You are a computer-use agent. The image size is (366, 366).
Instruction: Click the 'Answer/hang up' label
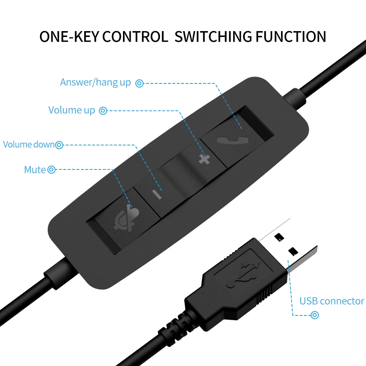coord(95,82)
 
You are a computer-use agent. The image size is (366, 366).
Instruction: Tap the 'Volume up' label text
coord(72,110)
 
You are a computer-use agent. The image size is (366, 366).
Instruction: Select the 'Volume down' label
coord(29,145)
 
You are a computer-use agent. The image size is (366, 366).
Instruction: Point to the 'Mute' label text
coord(35,170)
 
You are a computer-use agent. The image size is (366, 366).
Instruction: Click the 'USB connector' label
coord(332,301)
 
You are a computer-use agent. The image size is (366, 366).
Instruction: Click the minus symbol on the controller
coord(157,194)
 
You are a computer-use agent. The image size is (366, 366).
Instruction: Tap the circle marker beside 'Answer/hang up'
coord(139,83)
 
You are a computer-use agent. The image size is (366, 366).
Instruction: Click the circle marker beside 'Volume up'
coord(103,110)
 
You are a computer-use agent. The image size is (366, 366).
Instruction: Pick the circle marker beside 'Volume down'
coord(59,145)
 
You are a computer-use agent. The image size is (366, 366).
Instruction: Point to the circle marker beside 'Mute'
coord(52,170)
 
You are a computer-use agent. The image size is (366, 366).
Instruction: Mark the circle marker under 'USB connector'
coord(314,315)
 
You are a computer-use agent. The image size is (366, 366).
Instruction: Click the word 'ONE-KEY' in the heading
coord(70,37)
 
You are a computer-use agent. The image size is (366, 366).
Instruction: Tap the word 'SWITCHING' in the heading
coord(213,37)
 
